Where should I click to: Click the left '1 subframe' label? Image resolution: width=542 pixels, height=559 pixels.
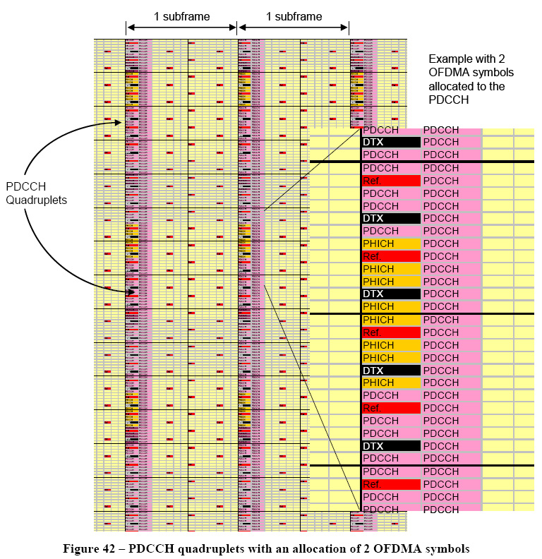click(181, 16)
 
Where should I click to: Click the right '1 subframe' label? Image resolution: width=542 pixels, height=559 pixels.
click(294, 16)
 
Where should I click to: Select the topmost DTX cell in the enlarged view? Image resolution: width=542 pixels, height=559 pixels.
click(391, 143)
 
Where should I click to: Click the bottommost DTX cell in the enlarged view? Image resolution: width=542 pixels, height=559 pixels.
click(391, 446)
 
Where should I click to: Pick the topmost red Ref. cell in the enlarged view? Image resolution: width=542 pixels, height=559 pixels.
click(391, 181)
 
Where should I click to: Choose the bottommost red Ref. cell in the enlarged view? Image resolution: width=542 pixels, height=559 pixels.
click(391, 484)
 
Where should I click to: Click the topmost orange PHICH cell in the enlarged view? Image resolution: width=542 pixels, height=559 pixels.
click(391, 244)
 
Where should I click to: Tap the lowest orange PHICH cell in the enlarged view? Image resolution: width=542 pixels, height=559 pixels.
click(391, 383)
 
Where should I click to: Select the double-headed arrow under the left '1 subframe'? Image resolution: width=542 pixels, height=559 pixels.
click(181, 28)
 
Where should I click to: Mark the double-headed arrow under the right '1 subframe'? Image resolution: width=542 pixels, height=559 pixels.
click(294, 28)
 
